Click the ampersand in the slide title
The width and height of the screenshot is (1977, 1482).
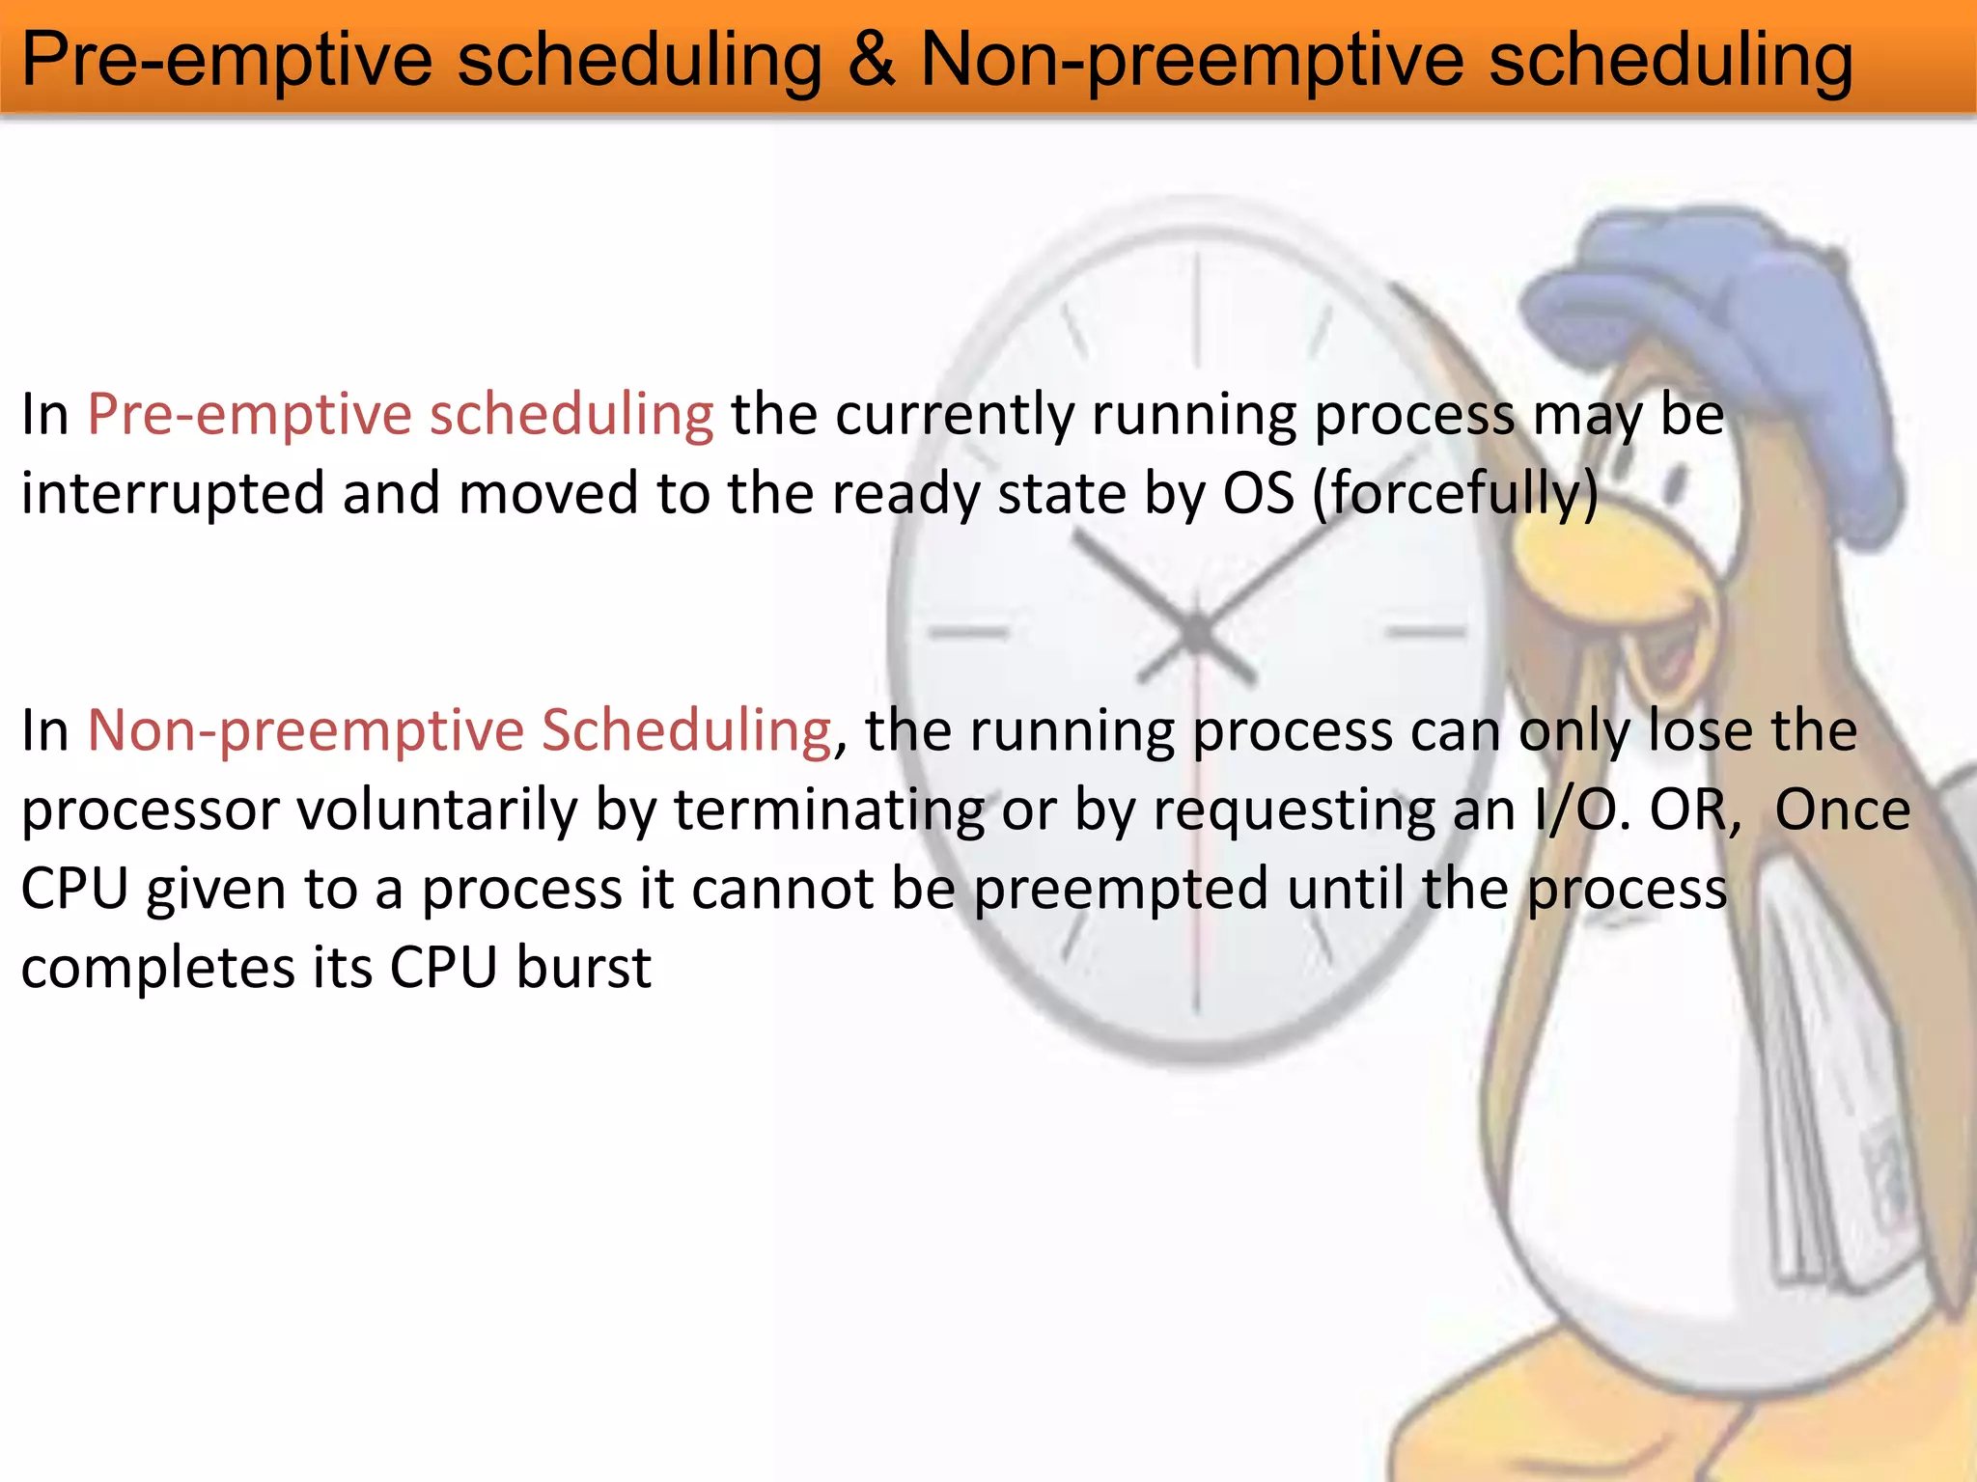[x=871, y=60]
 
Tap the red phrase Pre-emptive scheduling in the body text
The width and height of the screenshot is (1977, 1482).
[x=401, y=415]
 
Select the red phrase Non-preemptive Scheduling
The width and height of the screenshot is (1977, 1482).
[x=459, y=730]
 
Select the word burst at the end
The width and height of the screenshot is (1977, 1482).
[x=584, y=968]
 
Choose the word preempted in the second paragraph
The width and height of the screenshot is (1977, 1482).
[x=1120, y=889]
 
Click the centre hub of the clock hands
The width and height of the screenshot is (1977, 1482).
[x=1197, y=632]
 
